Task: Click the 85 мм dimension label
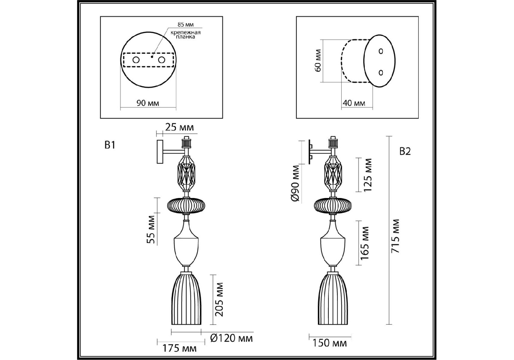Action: [x=186, y=25]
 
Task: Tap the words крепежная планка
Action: [x=186, y=34]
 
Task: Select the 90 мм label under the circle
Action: [x=148, y=103]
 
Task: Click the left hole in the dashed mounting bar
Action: [x=136, y=60]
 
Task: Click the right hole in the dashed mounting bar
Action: [x=162, y=60]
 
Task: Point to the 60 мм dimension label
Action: [x=318, y=61]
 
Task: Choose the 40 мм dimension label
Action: [x=354, y=103]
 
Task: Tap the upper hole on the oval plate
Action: [x=381, y=51]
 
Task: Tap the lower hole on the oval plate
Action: [x=381, y=72]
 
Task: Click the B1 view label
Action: [x=110, y=145]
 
